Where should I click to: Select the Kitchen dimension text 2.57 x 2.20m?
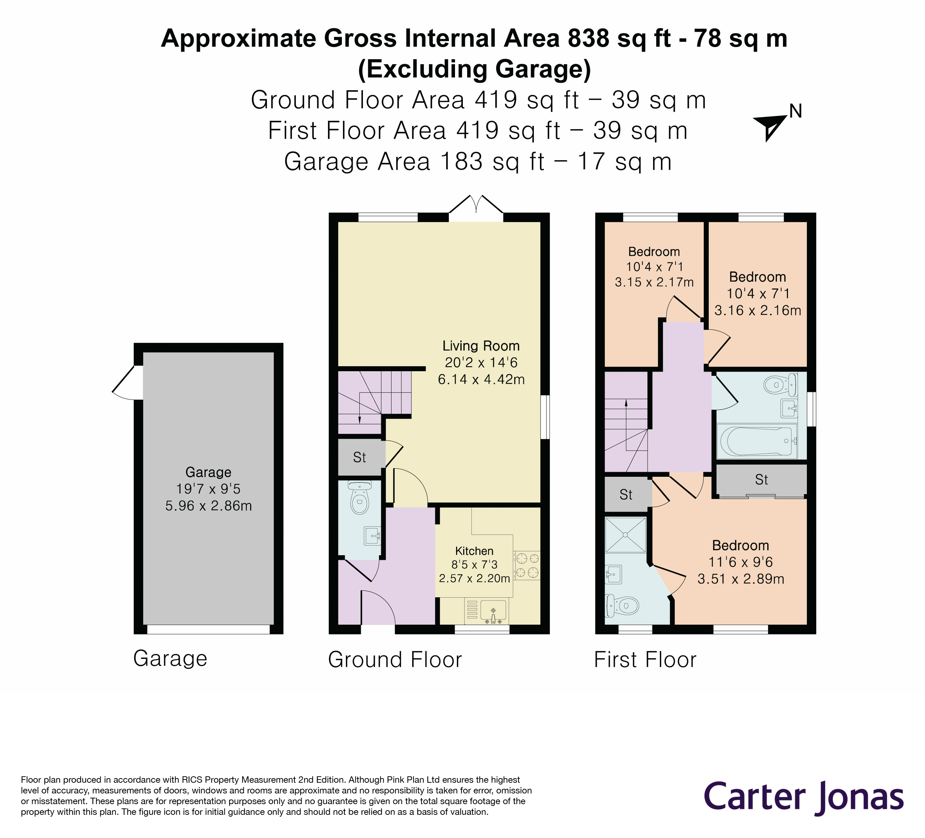(x=474, y=578)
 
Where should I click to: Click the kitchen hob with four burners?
(x=527, y=565)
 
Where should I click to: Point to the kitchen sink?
(x=493, y=612)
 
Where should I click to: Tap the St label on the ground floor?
(x=359, y=458)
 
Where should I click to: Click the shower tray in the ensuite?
(x=625, y=535)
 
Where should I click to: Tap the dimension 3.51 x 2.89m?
(x=740, y=579)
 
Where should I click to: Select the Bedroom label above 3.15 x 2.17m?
(x=654, y=252)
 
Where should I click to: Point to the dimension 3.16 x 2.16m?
(x=758, y=310)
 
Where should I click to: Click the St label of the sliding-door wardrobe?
(x=761, y=480)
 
